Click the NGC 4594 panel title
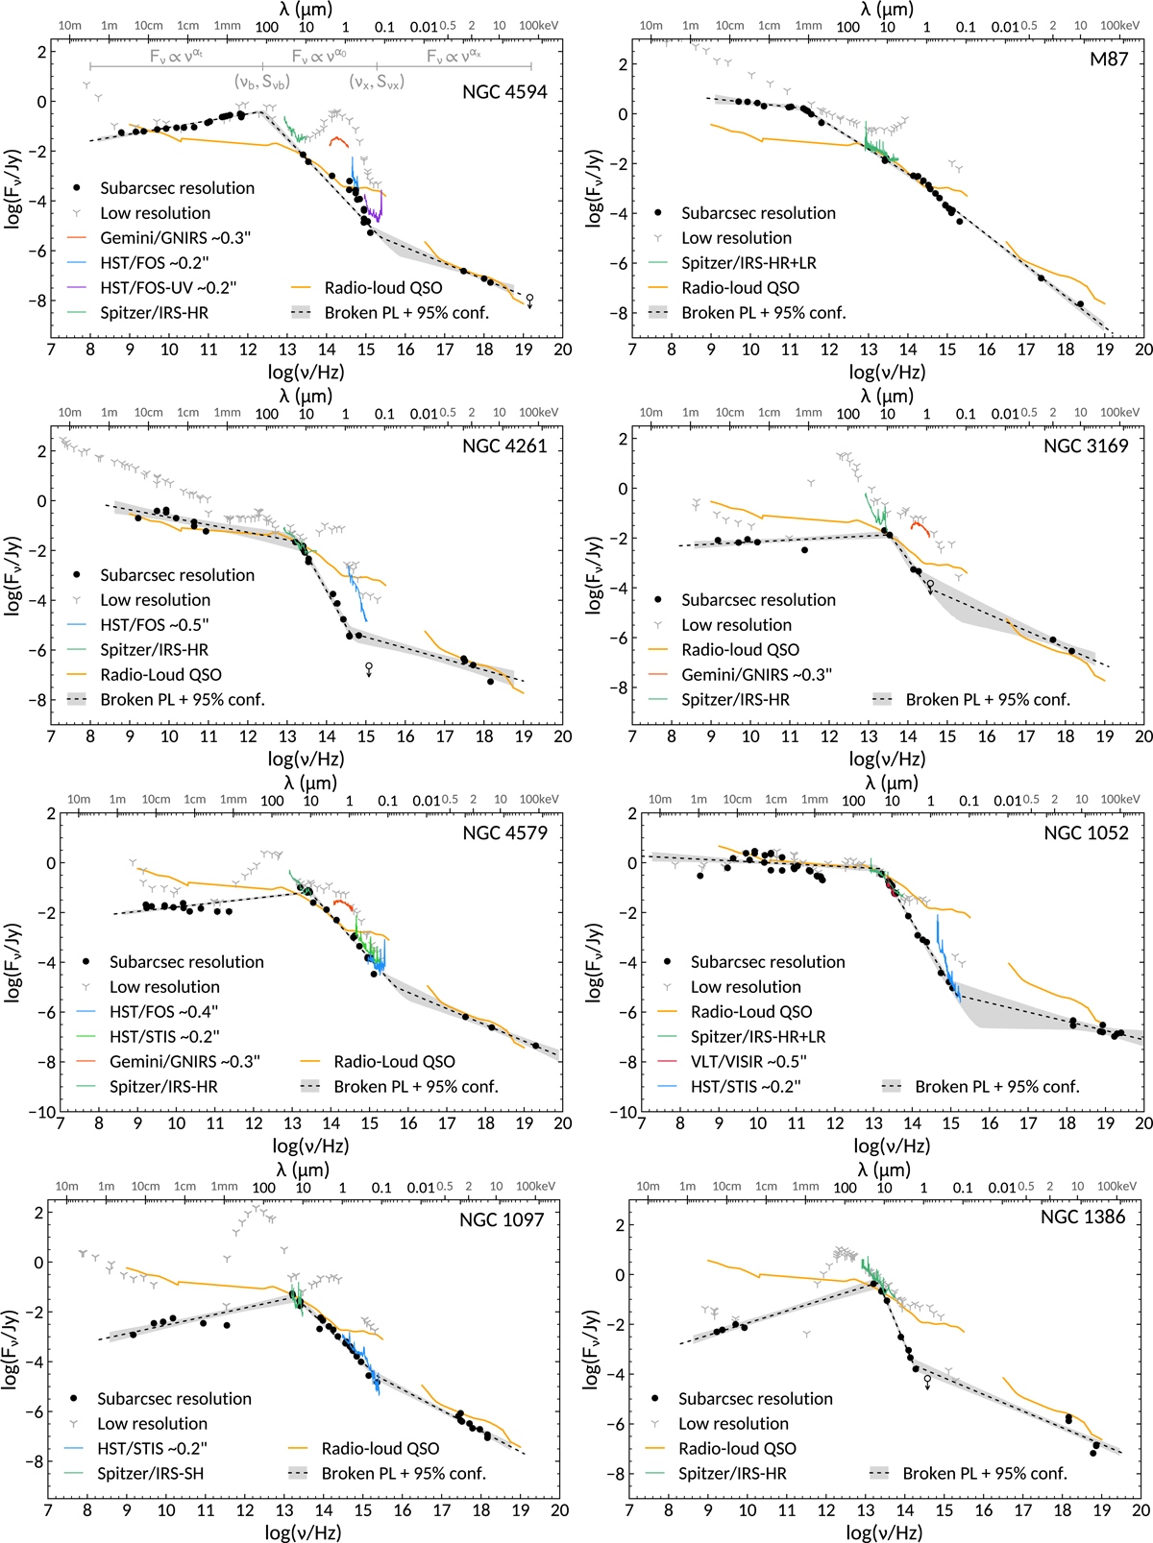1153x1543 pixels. tap(504, 92)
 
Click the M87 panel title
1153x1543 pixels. tap(1109, 59)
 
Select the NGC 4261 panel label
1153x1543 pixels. tap(504, 446)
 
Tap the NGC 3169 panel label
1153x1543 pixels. tap(1086, 446)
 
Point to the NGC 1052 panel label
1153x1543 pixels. tap(1086, 832)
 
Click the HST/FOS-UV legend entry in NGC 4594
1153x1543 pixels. tap(168, 287)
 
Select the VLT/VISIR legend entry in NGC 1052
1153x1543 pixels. tap(748, 1061)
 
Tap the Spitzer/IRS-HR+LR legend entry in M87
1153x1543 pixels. tap(748, 262)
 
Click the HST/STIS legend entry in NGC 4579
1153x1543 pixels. tap(164, 1036)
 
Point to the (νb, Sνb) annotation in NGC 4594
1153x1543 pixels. tap(261, 83)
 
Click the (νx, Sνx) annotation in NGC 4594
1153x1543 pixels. tap(377, 83)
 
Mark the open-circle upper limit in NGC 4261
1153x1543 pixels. tap(369, 666)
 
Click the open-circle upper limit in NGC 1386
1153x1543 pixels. tap(927, 1380)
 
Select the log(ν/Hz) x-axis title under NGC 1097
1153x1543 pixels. tap(303, 1532)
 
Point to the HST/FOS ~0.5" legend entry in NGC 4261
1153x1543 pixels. tap(154, 624)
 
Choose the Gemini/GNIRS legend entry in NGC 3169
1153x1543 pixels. tap(756, 674)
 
